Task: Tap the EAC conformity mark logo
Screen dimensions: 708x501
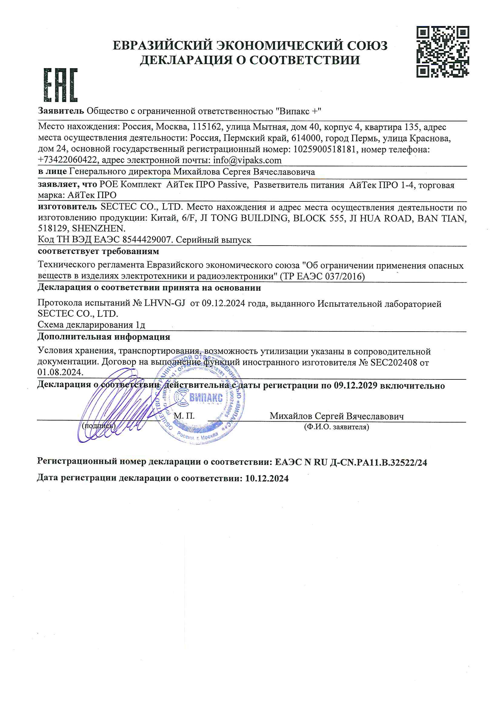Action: point(61,85)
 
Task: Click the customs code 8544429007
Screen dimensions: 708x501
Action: point(146,240)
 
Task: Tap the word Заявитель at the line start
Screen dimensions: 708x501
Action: point(61,111)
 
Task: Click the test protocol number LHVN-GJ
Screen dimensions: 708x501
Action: point(164,303)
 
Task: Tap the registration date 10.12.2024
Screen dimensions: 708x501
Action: point(267,478)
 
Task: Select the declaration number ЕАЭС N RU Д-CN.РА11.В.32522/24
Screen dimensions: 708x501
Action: point(351,462)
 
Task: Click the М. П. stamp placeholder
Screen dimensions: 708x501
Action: point(184,416)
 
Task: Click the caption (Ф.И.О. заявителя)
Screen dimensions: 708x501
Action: point(336,427)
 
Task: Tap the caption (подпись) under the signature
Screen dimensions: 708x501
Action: point(99,426)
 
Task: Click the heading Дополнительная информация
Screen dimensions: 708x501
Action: point(104,336)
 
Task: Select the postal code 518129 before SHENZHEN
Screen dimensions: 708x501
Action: point(52,229)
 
